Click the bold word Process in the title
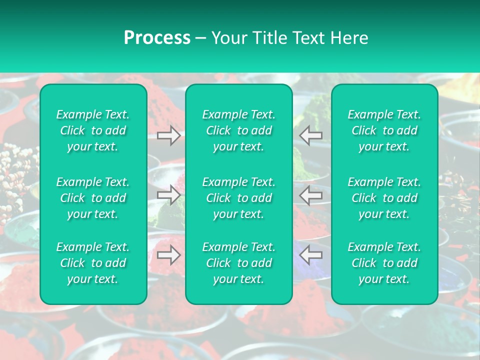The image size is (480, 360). coord(157,38)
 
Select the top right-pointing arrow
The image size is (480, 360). coord(168,135)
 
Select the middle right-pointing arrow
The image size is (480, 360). coord(168,194)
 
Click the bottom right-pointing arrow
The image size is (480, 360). coord(168,255)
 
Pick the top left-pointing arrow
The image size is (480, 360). coord(311,135)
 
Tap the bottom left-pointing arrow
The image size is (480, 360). coord(311,255)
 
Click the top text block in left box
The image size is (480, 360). coord(93,130)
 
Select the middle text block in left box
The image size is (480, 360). coord(93,198)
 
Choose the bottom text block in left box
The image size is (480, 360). coord(93,263)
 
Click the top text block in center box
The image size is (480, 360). coord(239,130)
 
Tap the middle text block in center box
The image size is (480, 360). coord(239,198)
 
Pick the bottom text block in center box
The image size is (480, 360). coord(239,263)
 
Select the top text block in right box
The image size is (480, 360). coord(384,130)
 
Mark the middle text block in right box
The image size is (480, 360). coord(384,198)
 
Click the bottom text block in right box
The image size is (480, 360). coord(384,263)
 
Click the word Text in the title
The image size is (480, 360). coord(305,38)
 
